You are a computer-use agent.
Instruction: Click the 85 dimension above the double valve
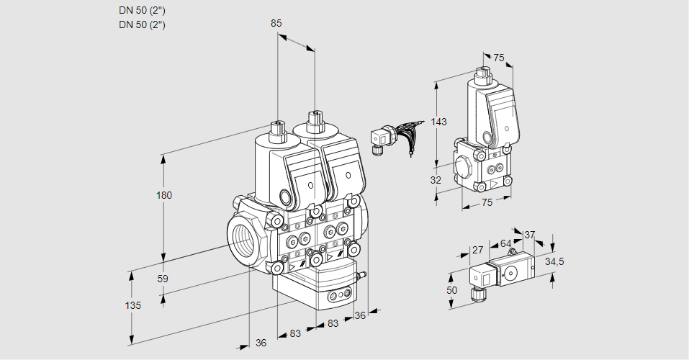(276, 23)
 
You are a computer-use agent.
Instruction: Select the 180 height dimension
(165, 195)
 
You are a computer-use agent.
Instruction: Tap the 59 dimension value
(163, 279)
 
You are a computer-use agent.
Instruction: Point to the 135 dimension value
(132, 305)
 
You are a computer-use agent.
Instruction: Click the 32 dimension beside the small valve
(435, 180)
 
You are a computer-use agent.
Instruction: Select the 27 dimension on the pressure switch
(477, 250)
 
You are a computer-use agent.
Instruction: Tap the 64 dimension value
(505, 243)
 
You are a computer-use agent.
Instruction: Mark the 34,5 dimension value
(554, 261)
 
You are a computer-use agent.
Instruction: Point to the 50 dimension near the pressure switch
(452, 289)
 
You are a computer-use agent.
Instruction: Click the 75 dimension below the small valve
(487, 203)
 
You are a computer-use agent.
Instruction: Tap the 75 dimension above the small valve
(499, 58)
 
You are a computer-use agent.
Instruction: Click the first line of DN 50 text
(142, 10)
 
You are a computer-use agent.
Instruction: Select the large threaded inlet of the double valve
(240, 238)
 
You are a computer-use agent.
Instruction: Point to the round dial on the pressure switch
(511, 273)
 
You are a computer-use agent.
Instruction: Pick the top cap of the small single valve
(482, 73)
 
